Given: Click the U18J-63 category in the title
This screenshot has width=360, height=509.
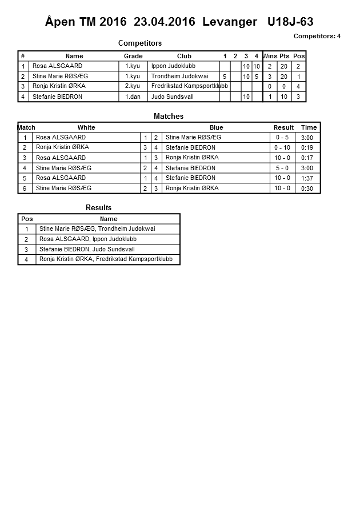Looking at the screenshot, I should click(x=290, y=22).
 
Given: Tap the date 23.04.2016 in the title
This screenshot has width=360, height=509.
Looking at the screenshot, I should click(x=165, y=22).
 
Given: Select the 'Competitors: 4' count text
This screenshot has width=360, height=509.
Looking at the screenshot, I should click(x=317, y=36).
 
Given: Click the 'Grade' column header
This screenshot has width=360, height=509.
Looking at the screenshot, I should click(x=133, y=56).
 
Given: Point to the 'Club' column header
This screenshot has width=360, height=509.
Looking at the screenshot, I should click(x=184, y=56).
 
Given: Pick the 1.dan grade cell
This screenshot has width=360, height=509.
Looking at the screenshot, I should click(x=133, y=97).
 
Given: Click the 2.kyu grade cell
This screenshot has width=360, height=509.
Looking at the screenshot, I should click(x=133, y=86).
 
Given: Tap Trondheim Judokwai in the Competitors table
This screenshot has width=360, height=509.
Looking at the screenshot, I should click(x=179, y=76).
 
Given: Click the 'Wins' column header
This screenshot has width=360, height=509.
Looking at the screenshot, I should click(x=270, y=56).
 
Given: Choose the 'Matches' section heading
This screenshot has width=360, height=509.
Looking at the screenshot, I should click(x=169, y=117).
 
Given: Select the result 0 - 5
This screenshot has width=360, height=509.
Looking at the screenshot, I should click(x=283, y=138).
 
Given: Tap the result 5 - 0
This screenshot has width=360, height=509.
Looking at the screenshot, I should click(x=283, y=169).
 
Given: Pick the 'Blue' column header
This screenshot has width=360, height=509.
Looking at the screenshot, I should click(x=216, y=127).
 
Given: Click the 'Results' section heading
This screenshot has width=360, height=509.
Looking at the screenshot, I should click(x=98, y=208).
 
